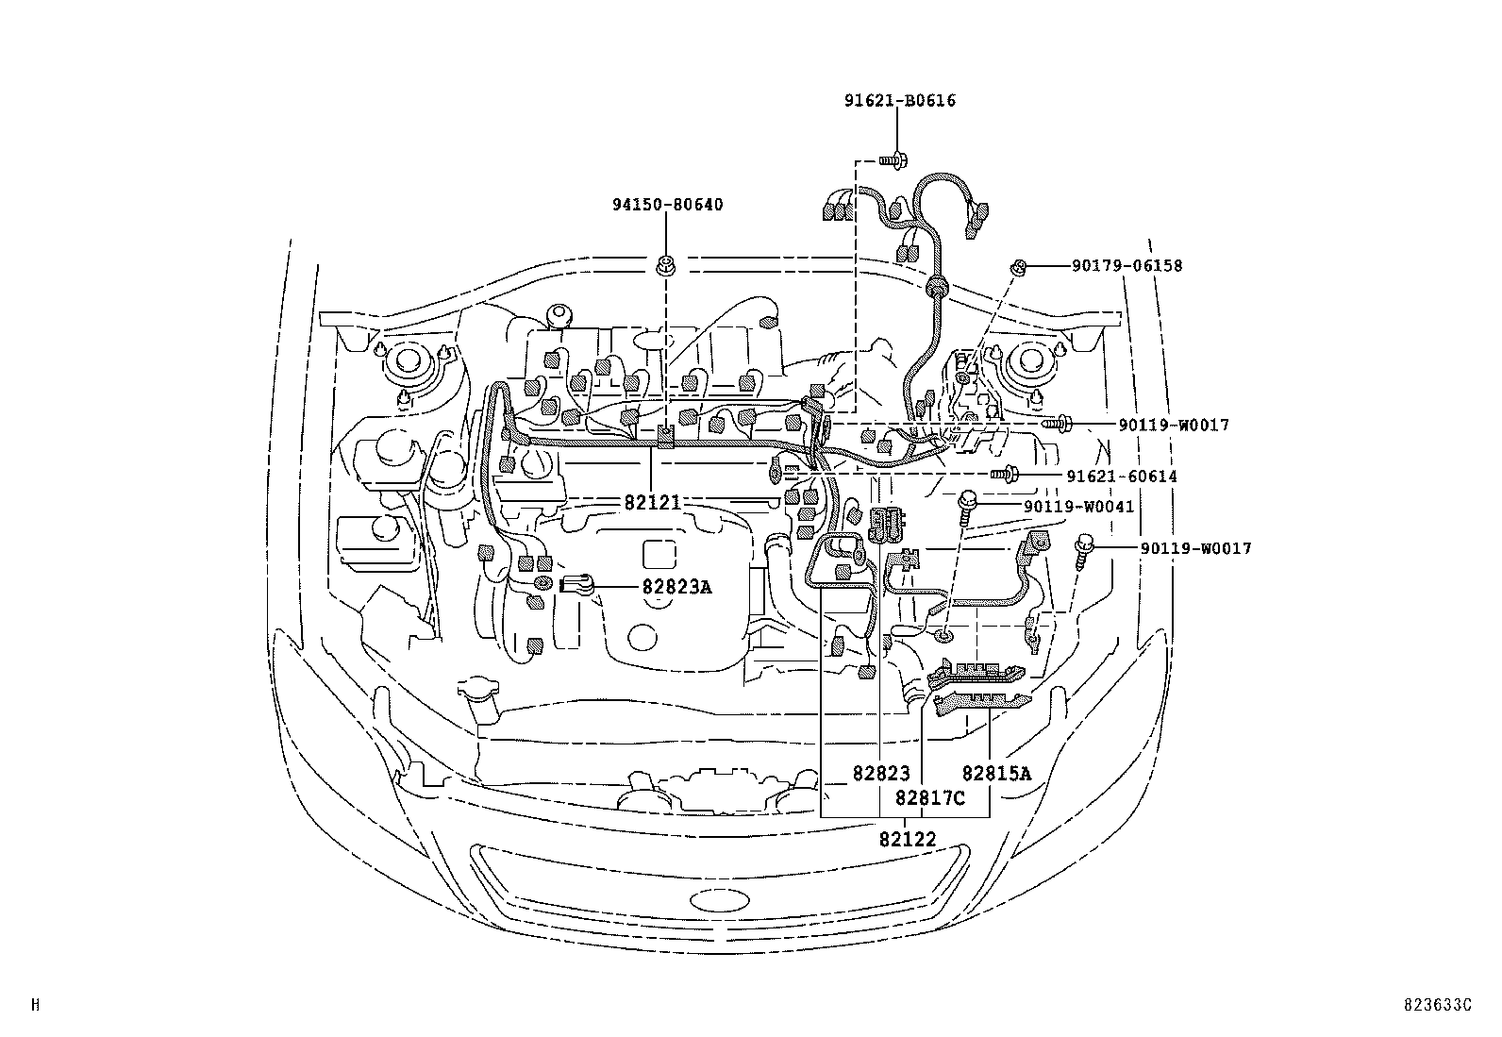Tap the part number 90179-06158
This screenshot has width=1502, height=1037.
pyautogui.click(x=1126, y=266)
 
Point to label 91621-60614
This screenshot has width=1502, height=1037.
pyautogui.click(x=1122, y=477)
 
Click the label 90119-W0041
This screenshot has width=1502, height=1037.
pyautogui.click(x=1078, y=507)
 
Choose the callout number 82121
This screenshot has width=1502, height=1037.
pyautogui.click(x=652, y=503)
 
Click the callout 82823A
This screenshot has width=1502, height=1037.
pyautogui.click(x=676, y=587)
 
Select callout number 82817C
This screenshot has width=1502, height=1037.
pyautogui.click(x=930, y=798)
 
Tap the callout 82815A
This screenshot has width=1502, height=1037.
pyautogui.click(x=996, y=774)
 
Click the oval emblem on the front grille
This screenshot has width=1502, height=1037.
pyautogui.click(x=718, y=899)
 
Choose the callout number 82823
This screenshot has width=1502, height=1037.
pyautogui.click(x=880, y=774)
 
